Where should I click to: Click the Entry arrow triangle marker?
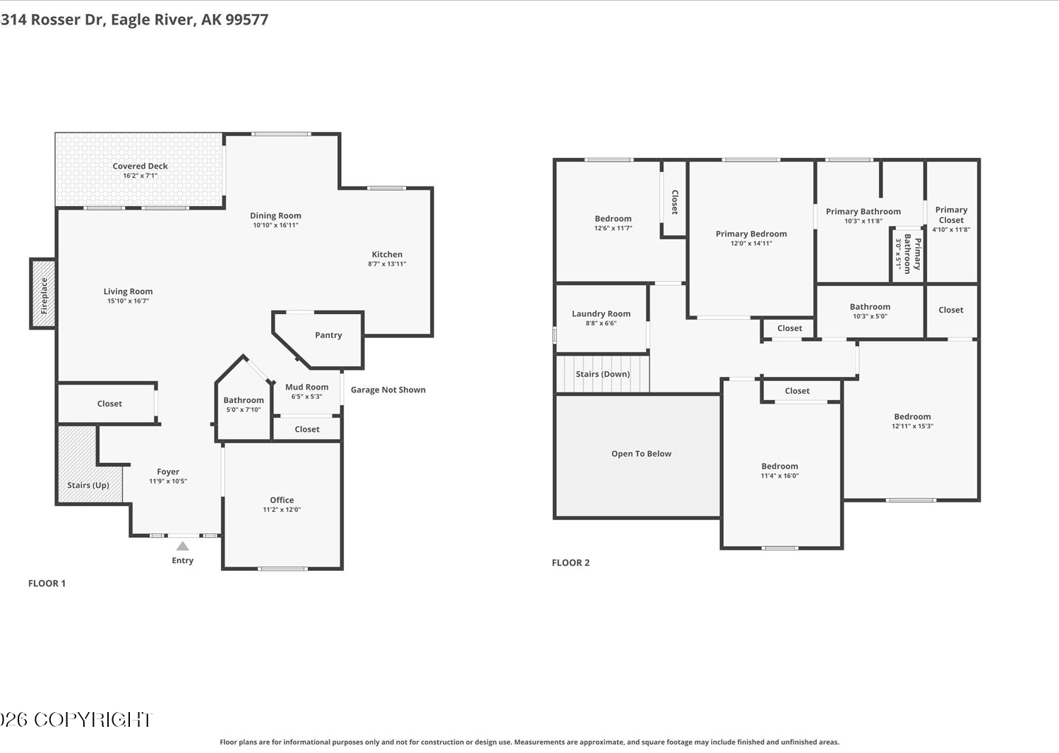tap(182, 546)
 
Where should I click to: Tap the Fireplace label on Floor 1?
tap(44, 296)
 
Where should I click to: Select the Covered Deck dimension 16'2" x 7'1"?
tap(140, 176)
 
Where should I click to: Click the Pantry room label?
tap(328, 335)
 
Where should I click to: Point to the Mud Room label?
tap(307, 387)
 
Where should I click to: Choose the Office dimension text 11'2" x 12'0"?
tap(282, 510)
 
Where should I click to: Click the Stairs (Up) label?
tap(88, 486)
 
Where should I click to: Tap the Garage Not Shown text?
tap(388, 390)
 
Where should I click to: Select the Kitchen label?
tap(387, 254)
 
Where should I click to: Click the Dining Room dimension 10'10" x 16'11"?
tap(275, 225)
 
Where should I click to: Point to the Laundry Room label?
tap(602, 314)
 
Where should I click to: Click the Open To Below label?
tap(642, 454)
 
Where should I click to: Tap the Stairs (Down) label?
tap(603, 374)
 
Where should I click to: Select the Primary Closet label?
tap(951, 215)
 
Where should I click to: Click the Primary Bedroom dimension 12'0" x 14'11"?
tap(752, 243)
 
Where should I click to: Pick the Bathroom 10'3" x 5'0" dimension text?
tap(870, 316)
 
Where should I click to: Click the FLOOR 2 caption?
tap(570, 562)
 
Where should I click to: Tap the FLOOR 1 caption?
tap(47, 584)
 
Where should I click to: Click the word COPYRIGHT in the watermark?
tap(93, 720)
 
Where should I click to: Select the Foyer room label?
tap(168, 471)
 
